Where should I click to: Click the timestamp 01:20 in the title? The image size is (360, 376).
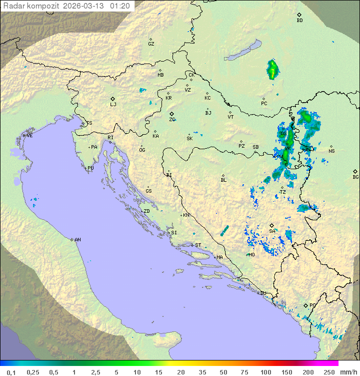(120, 6)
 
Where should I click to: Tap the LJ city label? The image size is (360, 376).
(113, 104)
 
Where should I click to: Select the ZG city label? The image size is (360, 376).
(172, 120)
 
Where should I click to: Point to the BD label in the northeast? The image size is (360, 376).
(299, 21)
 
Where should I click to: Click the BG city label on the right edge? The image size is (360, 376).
(355, 177)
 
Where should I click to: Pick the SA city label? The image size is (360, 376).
(272, 231)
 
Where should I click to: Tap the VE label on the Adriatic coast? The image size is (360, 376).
(29, 136)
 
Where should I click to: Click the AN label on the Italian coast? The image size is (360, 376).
(77, 240)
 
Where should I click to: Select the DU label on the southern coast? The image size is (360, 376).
(263, 293)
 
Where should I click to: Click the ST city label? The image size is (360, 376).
(198, 245)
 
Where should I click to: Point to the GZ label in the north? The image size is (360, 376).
(151, 44)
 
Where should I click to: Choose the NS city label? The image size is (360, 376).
(331, 151)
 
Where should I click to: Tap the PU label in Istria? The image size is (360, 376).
(90, 168)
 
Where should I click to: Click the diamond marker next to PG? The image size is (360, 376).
(305, 305)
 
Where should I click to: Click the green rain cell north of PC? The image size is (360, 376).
(272, 70)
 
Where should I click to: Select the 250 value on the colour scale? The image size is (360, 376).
(329, 372)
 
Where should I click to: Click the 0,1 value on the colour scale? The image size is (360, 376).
(11, 372)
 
